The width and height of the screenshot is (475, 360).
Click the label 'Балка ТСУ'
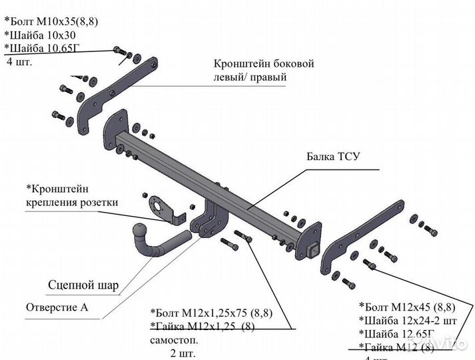coord(333,157)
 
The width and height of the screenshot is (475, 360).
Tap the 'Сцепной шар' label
coord(83,286)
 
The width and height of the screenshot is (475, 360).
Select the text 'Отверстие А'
coord(57,308)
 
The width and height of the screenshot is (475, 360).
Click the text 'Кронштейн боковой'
coord(263,64)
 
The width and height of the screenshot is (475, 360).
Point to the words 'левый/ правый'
coord(250,77)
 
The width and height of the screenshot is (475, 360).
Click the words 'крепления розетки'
coord(72,202)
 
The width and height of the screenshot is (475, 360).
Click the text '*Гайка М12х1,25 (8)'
coord(202,326)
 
